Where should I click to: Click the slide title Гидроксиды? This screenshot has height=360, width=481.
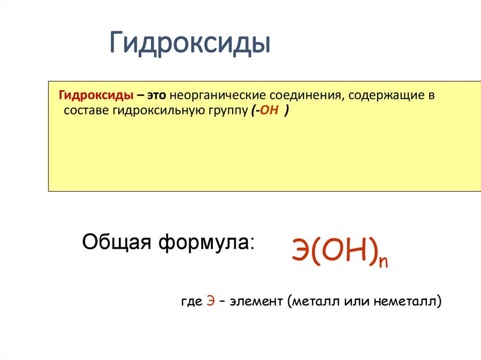pos(190,44)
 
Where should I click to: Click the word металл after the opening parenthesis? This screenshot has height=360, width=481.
pos(314,300)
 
